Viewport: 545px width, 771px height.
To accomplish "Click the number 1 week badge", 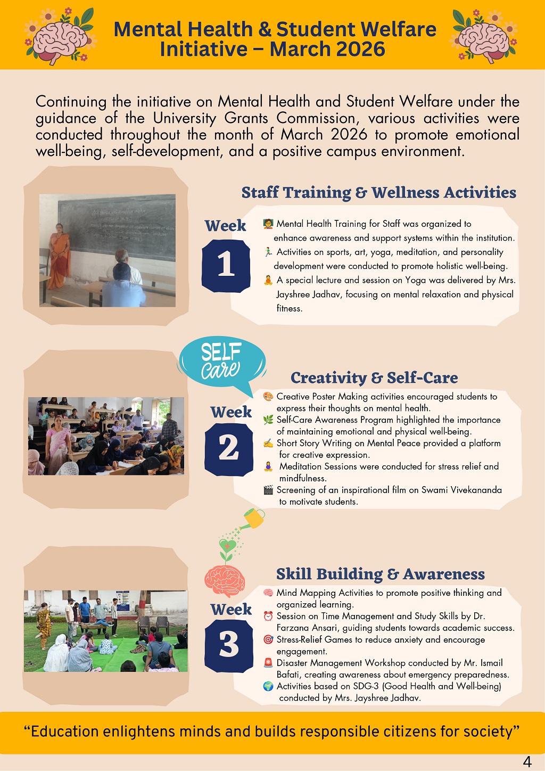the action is (x=226, y=266).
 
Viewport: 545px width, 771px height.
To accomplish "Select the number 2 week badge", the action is (x=229, y=449).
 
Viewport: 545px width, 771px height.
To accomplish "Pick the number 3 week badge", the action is (x=229, y=646).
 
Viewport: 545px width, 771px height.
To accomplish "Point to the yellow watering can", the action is (x=253, y=519).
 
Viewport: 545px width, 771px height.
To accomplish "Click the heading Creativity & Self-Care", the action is (x=374, y=378).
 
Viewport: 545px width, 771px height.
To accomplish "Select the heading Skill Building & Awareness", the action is (x=381, y=574).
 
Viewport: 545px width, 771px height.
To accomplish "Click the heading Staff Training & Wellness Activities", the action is (x=379, y=192).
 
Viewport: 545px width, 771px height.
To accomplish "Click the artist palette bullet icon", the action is (x=268, y=397).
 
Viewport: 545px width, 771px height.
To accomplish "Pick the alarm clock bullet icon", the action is (x=268, y=616).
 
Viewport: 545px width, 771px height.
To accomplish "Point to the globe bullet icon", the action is (x=268, y=686).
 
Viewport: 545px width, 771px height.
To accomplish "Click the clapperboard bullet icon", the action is (x=268, y=490).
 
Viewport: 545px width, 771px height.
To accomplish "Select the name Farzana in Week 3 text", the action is (x=293, y=628).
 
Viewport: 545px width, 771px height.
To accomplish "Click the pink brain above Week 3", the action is (x=225, y=581).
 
